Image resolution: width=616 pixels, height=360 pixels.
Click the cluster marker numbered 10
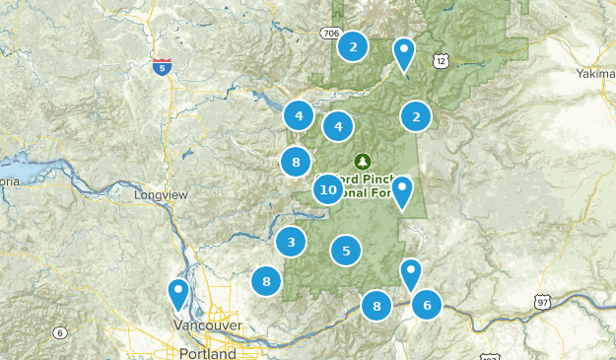click(x=329, y=188)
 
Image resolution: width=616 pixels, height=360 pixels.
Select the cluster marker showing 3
click(x=290, y=241)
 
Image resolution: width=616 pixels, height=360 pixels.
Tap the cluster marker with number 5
click(x=346, y=252)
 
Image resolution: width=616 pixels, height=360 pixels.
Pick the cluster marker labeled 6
click(x=427, y=305)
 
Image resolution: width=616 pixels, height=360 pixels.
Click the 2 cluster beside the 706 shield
click(x=353, y=45)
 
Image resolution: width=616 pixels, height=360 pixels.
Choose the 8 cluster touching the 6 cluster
click(x=376, y=307)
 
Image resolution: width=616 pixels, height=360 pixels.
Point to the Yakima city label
click(x=596, y=73)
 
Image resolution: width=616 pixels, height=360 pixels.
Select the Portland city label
click(x=208, y=353)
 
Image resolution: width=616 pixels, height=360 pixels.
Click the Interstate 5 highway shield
click(x=162, y=67)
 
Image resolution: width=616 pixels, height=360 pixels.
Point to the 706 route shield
click(x=330, y=35)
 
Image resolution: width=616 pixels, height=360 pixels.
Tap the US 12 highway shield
click(x=440, y=61)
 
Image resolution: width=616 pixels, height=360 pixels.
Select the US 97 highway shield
click(x=541, y=301)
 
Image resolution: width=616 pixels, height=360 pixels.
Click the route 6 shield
click(x=59, y=332)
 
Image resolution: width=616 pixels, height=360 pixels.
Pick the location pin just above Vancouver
click(x=178, y=293)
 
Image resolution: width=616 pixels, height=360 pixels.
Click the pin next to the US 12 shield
click(x=404, y=52)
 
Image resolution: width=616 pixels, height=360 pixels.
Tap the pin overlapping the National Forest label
click(x=402, y=190)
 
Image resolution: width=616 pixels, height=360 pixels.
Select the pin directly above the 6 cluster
click(x=411, y=273)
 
